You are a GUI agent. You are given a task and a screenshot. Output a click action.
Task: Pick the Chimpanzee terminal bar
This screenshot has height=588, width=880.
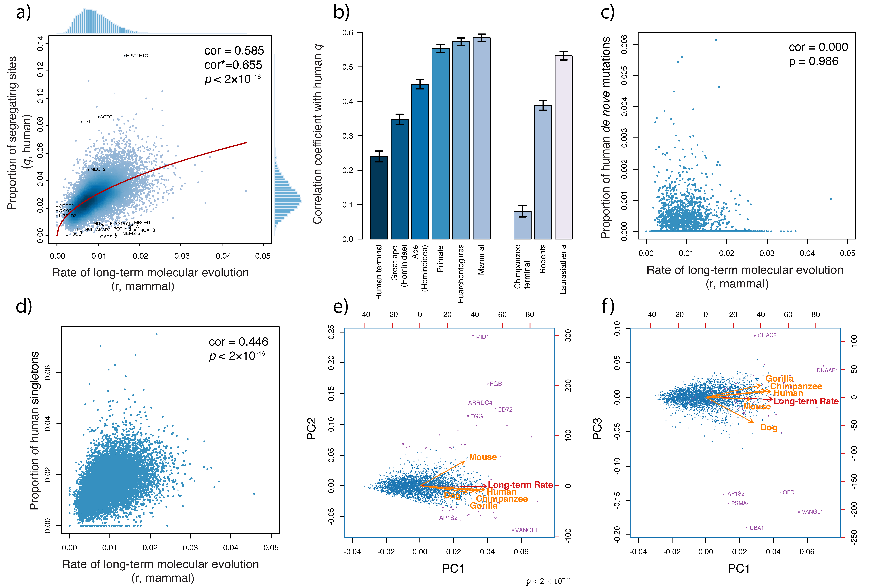(522, 225)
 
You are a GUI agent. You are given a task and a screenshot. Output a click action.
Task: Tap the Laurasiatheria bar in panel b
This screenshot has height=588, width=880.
(563, 147)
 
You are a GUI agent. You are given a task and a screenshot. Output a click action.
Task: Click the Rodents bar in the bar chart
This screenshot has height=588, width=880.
(543, 172)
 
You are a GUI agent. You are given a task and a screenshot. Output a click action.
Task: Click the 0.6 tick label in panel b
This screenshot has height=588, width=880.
(348, 33)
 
